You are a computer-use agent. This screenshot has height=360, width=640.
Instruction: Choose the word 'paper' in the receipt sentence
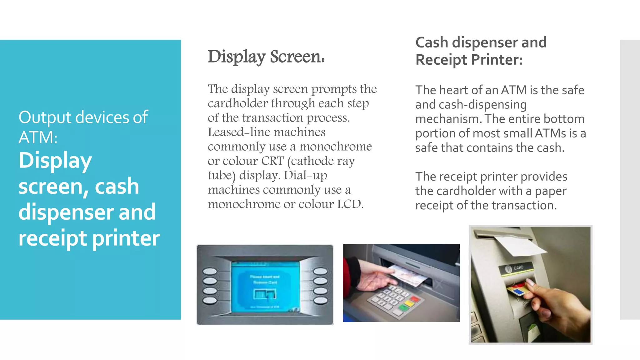pos(551,191)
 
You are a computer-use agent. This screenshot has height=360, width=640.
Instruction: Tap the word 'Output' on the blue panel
pos(45,117)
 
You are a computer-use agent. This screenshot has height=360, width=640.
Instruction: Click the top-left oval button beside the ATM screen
pos(210,271)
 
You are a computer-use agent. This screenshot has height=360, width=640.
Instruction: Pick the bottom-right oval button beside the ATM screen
pos(320,301)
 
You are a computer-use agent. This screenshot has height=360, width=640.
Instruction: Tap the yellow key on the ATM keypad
pos(409,303)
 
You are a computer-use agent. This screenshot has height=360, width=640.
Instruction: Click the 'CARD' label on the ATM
pos(518,267)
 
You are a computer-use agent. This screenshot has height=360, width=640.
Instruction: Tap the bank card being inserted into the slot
pos(517,290)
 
